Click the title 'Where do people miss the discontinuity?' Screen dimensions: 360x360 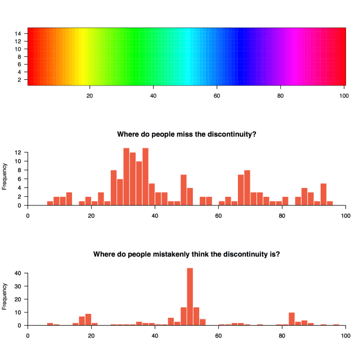(187, 134)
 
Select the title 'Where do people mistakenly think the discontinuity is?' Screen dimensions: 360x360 (187, 254)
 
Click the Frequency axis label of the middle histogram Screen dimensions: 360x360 (5, 176)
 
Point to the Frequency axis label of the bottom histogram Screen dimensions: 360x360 (5, 296)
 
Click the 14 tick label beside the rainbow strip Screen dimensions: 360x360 (18, 33)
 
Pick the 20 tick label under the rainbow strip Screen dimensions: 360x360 (89, 95)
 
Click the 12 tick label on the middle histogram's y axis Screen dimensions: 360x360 (18, 152)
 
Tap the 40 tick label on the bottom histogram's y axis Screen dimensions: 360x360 (18, 273)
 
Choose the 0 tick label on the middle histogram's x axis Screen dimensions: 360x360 (28, 215)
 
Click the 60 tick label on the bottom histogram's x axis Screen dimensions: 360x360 (218, 335)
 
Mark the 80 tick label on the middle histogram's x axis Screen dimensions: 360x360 (282, 215)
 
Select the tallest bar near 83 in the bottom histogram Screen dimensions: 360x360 (291, 319)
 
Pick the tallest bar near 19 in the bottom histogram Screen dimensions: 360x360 (88, 319)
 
